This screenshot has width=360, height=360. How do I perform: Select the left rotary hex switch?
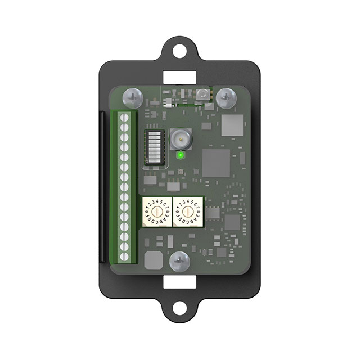click(x=155, y=213)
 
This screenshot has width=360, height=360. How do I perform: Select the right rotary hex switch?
click(x=186, y=213)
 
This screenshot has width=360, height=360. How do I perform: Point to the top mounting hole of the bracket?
click(x=180, y=49)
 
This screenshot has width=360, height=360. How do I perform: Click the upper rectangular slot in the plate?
click(x=180, y=75)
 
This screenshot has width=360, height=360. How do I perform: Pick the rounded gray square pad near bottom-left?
click(x=154, y=260)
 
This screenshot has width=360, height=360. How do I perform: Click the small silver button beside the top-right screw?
click(x=203, y=94)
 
